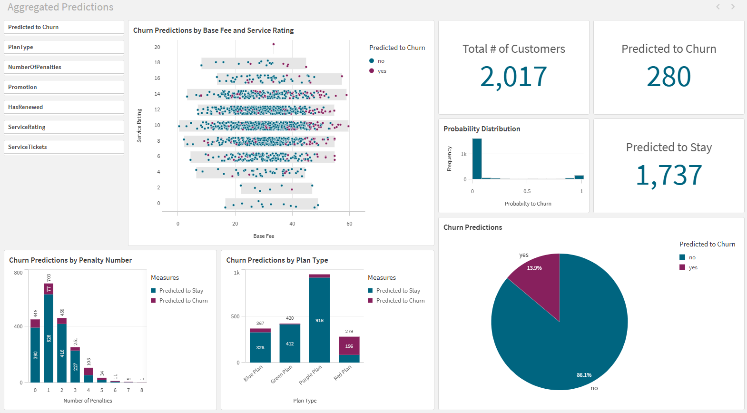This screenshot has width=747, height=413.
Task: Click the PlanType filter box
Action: pos(64,47)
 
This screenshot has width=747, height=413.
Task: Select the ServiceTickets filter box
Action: pos(64,147)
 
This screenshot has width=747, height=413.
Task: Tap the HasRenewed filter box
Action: pos(64,107)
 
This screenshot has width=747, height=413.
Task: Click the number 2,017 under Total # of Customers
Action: pos(513,77)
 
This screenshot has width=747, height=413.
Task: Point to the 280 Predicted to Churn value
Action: pos(668,77)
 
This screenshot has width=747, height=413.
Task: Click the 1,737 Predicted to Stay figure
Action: pos(668,175)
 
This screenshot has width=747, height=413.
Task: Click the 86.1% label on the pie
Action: pos(584,375)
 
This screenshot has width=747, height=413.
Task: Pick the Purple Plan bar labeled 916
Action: pos(319,320)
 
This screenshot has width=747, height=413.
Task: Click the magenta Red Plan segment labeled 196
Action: pos(349,346)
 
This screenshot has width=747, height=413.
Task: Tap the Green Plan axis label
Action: pos(281,374)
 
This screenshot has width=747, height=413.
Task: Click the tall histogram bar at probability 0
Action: pos(477,158)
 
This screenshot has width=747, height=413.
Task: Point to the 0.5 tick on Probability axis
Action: pos(527,191)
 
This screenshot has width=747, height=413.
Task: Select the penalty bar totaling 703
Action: pos(49,333)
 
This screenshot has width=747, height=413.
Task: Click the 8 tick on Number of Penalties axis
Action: pos(142,390)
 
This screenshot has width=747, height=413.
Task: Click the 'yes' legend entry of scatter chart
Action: pos(382,71)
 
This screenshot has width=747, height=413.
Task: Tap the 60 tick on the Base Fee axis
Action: pos(349,224)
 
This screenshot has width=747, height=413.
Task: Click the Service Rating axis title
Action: pos(139,126)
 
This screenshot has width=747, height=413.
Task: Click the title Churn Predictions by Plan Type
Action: pos(277,260)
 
